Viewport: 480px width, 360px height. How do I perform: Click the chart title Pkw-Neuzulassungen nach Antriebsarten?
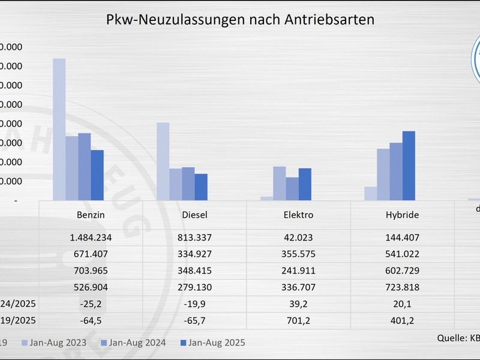(240, 19)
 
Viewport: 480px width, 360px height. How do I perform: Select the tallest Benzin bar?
(59, 129)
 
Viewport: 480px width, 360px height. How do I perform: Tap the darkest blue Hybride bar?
(409, 166)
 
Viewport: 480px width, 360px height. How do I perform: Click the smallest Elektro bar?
(266, 198)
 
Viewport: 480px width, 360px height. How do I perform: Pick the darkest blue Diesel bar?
(201, 187)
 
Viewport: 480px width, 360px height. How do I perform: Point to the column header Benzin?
(91, 214)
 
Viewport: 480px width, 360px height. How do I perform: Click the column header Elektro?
(298, 214)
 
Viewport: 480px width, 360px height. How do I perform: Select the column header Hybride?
(402, 214)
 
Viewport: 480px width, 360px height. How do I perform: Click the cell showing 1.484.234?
(91, 237)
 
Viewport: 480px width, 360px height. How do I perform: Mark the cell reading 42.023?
(298, 237)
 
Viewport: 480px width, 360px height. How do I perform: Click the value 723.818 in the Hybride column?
(402, 287)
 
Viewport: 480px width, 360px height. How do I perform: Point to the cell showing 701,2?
(298, 320)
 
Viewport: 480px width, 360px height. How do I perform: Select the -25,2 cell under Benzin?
(91, 304)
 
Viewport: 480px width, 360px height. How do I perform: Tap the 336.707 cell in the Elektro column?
(298, 287)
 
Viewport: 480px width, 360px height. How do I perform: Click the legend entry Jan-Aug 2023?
(56, 343)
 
